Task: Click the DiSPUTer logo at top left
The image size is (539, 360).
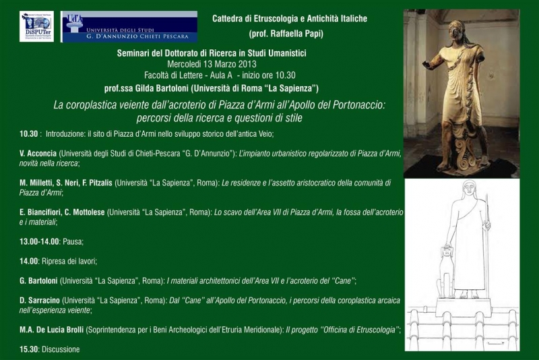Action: tap(37, 27)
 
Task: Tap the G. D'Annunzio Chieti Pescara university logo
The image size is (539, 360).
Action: tap(129, 27)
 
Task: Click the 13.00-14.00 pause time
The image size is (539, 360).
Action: tap(40, 241)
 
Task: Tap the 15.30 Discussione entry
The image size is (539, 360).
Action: tap(50, 349)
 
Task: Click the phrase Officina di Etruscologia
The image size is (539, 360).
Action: tap(355, 330)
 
